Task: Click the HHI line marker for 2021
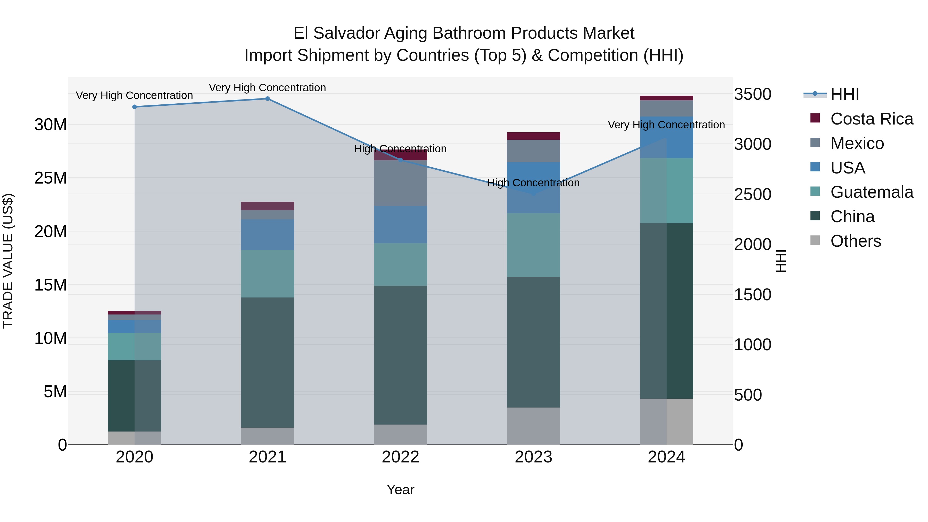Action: coord(267,99)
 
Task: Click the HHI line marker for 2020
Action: coord(134,107)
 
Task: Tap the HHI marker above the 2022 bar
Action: coord(400,160)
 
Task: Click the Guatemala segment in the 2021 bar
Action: coord(267,274)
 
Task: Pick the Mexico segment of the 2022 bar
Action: coord(400,183)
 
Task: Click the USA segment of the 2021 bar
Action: coord(267,235)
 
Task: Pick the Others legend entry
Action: coord(855,241)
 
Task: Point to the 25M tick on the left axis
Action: coord(51,178)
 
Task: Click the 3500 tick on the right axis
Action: coord(752,94)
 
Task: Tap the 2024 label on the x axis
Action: coord(666,457)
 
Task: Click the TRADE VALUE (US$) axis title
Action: coord(8,261)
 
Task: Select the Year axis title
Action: coord(400,490)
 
